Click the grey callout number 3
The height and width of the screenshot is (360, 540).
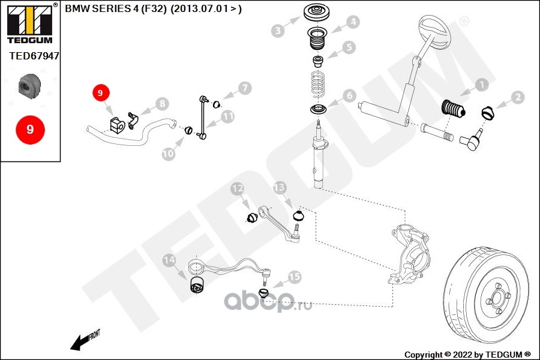click(x=277, y=31)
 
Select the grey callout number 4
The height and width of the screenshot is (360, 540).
click(x=353, y=22)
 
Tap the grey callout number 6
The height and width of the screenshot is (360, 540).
click(x=350, y=95)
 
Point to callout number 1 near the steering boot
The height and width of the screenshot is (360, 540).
click(x=481, y=85)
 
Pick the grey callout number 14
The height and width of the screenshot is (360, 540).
click(x=170, y=260)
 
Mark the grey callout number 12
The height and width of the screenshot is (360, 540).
click(x=238, y=190)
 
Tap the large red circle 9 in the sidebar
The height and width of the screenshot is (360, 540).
click(x=29, y=129)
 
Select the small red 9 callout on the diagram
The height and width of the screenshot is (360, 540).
click(x=100, y=93)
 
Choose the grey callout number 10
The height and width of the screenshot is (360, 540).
click(x=169, y=154)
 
